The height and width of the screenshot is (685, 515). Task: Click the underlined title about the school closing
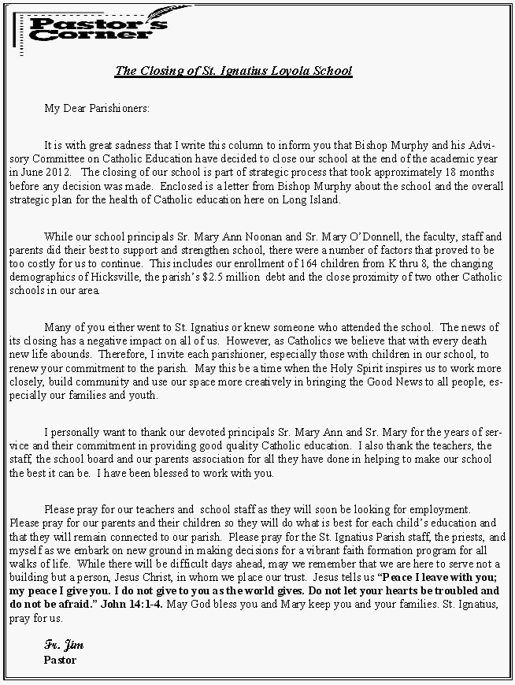point(233,71)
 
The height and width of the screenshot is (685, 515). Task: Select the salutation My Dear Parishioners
point(97,108)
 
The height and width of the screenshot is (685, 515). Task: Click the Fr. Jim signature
point(64,646)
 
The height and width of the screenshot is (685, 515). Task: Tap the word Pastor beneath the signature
point(60,659)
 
